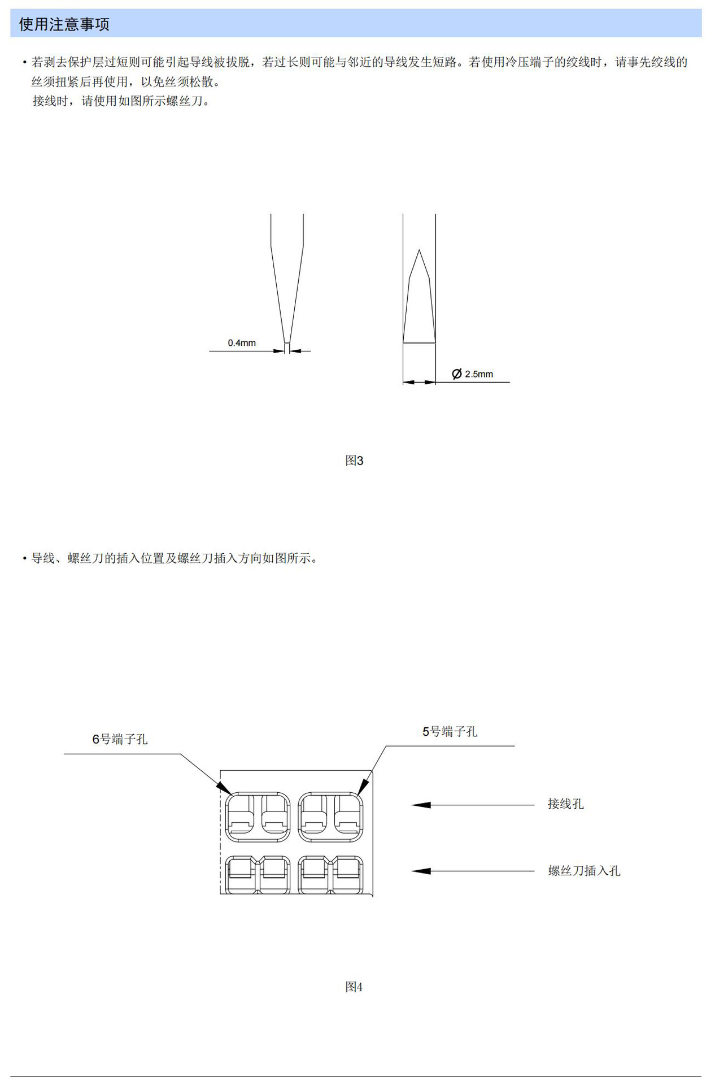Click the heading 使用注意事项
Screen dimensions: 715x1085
click(64, 24)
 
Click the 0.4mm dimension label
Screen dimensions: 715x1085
click(242, 343)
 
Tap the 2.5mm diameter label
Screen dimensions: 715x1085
click(479, 374)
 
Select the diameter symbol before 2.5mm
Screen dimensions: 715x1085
click(457, 374)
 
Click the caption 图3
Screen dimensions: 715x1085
click(354, 461)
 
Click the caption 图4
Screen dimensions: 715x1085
click(354, 987)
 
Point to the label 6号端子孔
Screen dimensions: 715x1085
click(120, 739)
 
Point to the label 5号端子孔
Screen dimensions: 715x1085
click(450, 732)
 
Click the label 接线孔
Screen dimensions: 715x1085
click(565, 804)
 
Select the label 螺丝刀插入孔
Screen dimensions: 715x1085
click(584, 871)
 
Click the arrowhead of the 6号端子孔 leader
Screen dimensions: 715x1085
click(224, 788)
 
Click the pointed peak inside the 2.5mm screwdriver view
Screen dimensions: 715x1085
click(419, 251)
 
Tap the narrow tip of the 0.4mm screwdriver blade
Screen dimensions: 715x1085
click(287, 341)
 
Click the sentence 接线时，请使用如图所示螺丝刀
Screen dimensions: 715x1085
click(121, 101)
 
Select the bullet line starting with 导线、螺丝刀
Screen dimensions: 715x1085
click(174, 558)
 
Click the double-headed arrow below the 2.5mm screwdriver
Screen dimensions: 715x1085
click(419, 383)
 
